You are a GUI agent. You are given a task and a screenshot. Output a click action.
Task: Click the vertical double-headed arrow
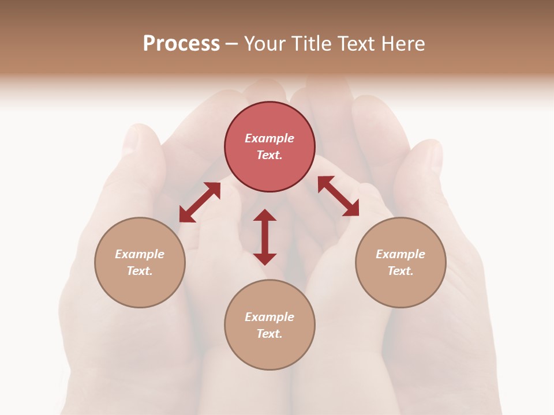265,237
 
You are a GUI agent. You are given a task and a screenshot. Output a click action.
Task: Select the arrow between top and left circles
200,202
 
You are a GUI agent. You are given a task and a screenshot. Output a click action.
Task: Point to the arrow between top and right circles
338,196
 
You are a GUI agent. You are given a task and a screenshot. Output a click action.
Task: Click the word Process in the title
181,43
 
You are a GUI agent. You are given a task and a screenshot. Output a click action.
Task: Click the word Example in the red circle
269,138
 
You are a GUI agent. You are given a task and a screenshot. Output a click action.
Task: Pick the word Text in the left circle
139,271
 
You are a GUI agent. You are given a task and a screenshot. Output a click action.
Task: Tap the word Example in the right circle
400,254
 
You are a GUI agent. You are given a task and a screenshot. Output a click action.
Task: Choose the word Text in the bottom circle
269,334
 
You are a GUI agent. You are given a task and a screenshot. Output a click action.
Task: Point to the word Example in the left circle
140,254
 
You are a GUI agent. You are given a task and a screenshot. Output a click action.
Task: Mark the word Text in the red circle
269,155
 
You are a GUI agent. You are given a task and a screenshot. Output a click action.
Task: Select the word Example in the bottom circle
269,317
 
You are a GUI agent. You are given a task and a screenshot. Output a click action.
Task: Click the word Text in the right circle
400,271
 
